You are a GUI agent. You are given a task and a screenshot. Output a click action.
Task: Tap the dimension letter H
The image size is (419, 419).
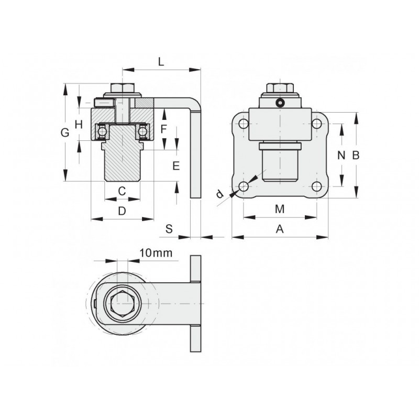tap(79, 124)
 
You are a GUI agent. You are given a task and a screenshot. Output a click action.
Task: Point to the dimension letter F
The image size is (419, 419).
tap(163, 128)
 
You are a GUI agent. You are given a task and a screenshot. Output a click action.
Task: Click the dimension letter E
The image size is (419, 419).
tap(176, 166)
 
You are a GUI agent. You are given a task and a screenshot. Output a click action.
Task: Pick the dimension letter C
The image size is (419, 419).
tap(122, 191)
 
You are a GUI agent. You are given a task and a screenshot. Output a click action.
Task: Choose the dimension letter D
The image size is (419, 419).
tap(122, 211)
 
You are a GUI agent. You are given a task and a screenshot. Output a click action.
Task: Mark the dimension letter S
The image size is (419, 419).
tap(169, 228)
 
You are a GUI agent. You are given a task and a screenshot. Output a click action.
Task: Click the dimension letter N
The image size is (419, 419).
tap(341, 155)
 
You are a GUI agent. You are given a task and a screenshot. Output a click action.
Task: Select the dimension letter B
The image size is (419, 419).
tap(356, 155)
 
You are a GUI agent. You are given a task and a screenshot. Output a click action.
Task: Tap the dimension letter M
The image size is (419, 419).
tap(280, 210)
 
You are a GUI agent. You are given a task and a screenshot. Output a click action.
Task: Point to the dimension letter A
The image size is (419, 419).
tap(280, 228)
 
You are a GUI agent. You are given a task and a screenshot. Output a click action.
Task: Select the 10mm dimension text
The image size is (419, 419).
tap(156, 253)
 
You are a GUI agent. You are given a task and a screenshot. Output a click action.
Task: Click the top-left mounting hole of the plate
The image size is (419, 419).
tap(244, 124)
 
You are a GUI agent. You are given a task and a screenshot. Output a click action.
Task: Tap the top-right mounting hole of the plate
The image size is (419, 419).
tap(316, 124)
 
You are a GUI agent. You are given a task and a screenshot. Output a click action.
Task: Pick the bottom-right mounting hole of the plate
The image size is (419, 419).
tap(316, 186)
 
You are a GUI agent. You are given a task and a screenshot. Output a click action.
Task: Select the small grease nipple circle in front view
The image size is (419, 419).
tap(280, 103)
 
